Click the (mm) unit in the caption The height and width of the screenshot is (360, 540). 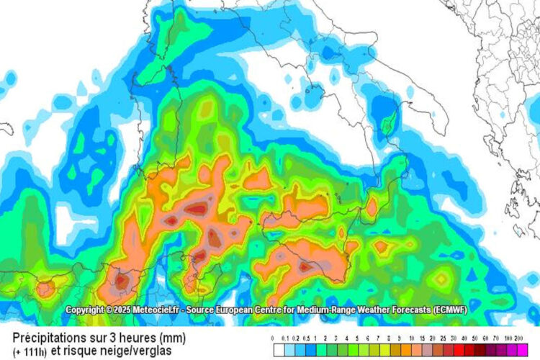point(173,337)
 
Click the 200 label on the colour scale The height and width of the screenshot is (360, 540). point(518,338)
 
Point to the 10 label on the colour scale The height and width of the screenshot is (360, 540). point(410,338)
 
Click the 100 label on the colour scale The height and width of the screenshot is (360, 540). point(507,338)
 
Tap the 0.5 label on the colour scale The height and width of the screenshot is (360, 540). point(307,338)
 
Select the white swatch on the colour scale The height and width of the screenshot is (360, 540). point(278,350)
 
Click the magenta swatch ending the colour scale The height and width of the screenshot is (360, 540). point(518,350)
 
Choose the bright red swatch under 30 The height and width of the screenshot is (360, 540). point(451,350)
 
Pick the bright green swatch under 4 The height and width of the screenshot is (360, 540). point(347,350)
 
